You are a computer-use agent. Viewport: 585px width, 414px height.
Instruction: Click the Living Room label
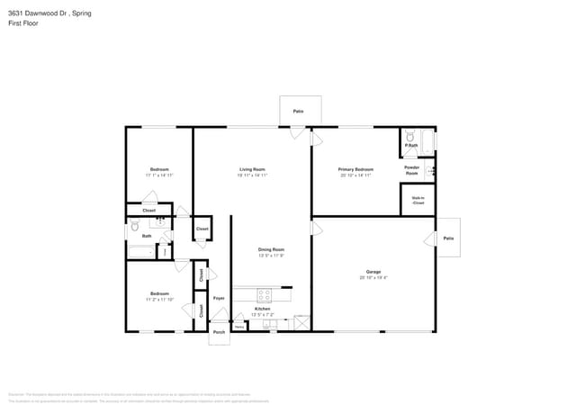click(x=251, y=169)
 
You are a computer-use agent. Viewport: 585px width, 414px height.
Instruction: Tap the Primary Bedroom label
click(x=355, y=169)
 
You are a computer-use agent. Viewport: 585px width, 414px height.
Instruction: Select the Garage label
click(x=373, y=272)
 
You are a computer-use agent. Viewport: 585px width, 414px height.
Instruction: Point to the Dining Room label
click(x=272, y=249)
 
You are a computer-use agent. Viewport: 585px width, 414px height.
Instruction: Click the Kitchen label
click(x=262, y=309)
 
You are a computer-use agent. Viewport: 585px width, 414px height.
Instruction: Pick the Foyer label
click(x=219, y=297)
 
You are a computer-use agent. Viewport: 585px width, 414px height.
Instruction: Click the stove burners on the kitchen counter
click(x=265, y=294)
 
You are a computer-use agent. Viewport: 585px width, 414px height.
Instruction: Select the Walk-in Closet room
click(x=418, y=200)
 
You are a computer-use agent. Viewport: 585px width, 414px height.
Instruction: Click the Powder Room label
click(x=411, y=169)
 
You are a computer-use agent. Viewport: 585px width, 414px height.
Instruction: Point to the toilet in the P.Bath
click(x=410, y=137)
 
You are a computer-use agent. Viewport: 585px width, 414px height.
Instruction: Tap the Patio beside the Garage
click(x=448, y=238)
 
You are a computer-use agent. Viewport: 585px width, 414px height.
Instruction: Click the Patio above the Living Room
click(x=298, y=112)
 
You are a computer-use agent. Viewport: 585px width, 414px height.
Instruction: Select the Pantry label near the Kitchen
click(x=240, y=326)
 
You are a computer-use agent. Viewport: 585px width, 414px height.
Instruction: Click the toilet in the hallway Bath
click(x=134, y=227)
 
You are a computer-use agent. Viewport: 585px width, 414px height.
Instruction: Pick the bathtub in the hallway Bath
click(x=141, y=252)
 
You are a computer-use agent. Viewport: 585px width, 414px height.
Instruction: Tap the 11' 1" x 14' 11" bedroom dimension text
click(x=159, y=175)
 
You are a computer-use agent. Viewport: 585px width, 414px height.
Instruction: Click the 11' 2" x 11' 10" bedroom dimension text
click(x=159, y=300)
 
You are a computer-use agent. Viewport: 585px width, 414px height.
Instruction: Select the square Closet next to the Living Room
click(x=202, y=229)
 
